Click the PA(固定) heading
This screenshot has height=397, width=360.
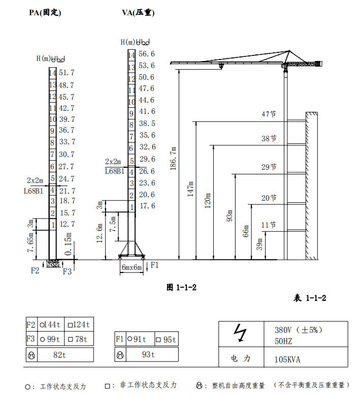click(45, 12)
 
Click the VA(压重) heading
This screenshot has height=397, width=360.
click(138, 12)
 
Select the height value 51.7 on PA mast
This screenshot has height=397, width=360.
click(67, 73)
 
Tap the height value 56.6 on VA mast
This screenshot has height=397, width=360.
click(146, 54)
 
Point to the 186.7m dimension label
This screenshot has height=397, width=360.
click(173, 158)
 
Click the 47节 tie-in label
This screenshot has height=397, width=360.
click(269, 114)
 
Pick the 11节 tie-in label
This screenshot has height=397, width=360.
click(269, 225)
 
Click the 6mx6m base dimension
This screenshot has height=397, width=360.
click(132, 267)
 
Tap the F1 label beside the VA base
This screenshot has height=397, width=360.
click(154, 265)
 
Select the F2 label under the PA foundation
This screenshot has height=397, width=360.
click(35, 270)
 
